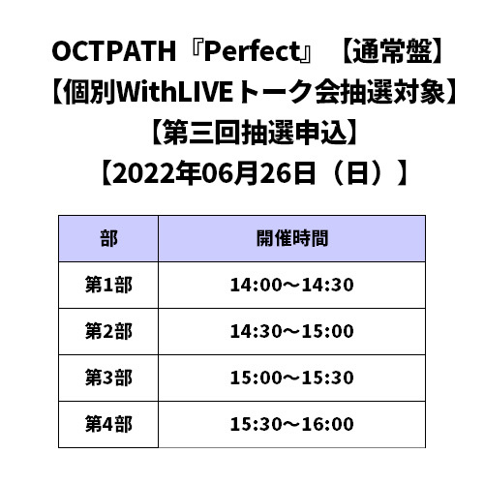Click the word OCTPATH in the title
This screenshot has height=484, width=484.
pos(114,51)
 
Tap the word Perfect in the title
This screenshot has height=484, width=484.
pos(253,51)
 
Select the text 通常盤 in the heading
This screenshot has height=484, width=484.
pos(392,51)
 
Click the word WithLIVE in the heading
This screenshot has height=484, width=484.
pos(174,92)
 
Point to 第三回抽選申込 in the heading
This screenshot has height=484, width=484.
pos(255,133)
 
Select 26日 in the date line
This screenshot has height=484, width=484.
pos(287,173)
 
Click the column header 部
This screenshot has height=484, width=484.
pos(108,238)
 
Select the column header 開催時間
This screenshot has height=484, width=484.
pos(292,238)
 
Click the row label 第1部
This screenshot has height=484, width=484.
pos(108,285)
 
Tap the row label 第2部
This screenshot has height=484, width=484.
pos(108,331)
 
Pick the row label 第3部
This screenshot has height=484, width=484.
pos(108,378)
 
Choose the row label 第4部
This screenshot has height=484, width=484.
pos(108,424)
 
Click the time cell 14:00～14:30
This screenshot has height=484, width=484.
pos(292,285)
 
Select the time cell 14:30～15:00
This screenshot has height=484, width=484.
pos(292,331)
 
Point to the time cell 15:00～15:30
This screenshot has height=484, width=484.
pos(292,378)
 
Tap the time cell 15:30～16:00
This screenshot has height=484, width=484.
pos(292,424)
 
